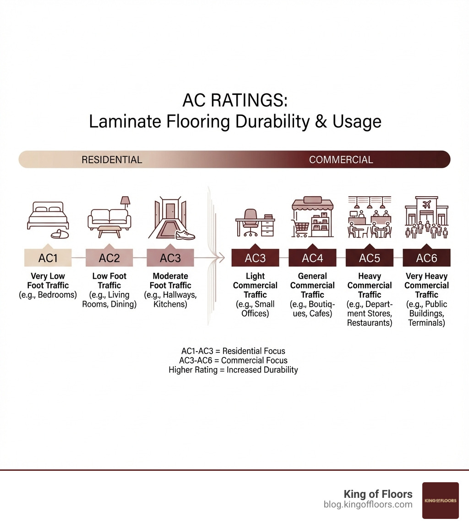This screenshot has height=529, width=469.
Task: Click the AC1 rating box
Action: click(x=48, y=258)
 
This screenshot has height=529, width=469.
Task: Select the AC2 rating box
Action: click(x=109, y=258)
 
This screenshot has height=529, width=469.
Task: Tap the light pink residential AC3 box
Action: click(x=170, y=258)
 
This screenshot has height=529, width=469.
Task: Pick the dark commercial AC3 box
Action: click(x=255, y=258)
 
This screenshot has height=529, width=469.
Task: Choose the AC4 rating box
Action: click(x=312, y=258)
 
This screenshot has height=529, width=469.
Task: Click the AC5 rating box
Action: click(x=369, y=258)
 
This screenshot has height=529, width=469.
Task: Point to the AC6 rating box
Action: click(x=426, y=258)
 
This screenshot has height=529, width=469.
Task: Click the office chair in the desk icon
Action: click(x=251, y=221)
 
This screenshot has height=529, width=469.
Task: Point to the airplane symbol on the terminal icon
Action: click(x=426, y=204)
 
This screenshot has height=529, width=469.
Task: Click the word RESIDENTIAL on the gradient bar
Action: click(x=112, y=160)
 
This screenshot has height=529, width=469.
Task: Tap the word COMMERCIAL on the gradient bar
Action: click(x=341, y=160)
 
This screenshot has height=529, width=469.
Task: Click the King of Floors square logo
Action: click(x=440, y=500)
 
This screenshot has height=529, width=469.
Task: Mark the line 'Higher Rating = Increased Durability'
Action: click(x=233, y=369)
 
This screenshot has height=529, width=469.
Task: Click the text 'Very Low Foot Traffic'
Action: click(x=48, y=281)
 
